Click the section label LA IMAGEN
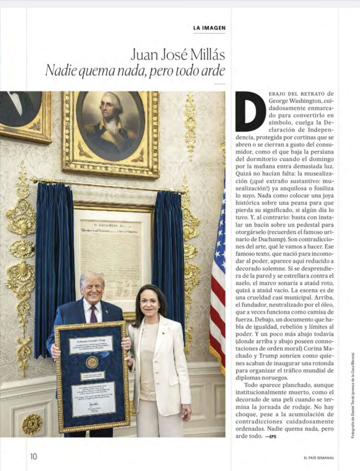click(209, 28)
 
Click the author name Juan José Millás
click(178, 55)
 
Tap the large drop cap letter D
click(250, 111)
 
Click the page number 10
click(34, 456)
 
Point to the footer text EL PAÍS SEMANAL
click(319, 458)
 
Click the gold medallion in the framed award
click(92, 362)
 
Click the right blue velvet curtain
click(168, 248)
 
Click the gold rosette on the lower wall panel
click(32, 424)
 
